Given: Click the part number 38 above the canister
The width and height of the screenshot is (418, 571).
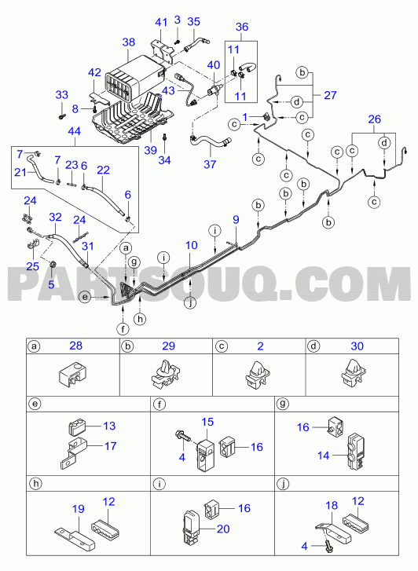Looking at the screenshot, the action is (x=129, y=42).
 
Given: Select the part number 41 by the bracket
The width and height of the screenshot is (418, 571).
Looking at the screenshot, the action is (x=161, y=23).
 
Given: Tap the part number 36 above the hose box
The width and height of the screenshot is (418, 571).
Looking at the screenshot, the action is (x=242, y=27).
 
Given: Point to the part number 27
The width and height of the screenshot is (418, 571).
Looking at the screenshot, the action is (x=330, y=95).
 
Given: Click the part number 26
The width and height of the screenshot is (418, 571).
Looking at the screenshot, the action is (x=374, y=119).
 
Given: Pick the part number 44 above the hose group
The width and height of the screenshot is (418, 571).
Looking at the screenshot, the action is (x=75, y=131).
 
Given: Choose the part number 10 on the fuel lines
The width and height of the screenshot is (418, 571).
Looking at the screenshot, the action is (x=192, y=245).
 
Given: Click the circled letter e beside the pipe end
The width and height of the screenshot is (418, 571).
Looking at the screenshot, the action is (x=85, y=298).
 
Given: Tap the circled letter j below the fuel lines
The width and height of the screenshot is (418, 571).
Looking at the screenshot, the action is (x=190, y=302).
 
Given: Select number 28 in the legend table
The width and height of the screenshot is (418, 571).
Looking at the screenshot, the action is (x=75, y=346).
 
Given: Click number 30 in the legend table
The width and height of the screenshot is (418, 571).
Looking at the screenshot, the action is (x=357, y=346).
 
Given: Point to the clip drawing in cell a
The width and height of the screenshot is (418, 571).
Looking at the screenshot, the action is (x=72, y=374).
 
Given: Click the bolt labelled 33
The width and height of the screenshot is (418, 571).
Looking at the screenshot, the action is (x=61, y=116).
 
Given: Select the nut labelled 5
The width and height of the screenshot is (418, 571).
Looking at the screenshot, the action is (x=52, y=265).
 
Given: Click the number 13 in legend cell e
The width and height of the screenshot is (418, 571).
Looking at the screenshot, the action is (x=109, y=426).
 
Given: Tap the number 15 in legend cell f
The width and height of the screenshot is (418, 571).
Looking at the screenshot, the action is (x=207, y=422).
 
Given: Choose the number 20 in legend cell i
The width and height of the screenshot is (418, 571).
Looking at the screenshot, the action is (x=223, y=529).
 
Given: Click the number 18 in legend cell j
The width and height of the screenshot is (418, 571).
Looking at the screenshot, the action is (x=332, y=506).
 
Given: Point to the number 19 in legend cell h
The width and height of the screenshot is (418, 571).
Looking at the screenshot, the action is (x=79, y=509).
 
